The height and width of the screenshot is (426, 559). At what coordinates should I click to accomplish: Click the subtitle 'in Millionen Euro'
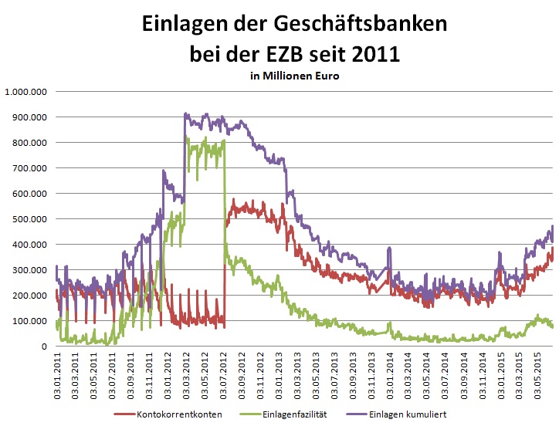pos(294,76)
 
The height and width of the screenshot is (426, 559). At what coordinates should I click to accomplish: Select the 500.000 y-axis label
pos(31,219)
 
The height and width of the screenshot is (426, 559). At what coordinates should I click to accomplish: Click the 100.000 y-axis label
pos(31,321)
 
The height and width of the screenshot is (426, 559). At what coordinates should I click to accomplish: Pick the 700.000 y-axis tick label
pos(31,168)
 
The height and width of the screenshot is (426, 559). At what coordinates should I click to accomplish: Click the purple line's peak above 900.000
pos(186,115)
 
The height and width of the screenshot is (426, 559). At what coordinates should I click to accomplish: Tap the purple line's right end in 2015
pos(552,228)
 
